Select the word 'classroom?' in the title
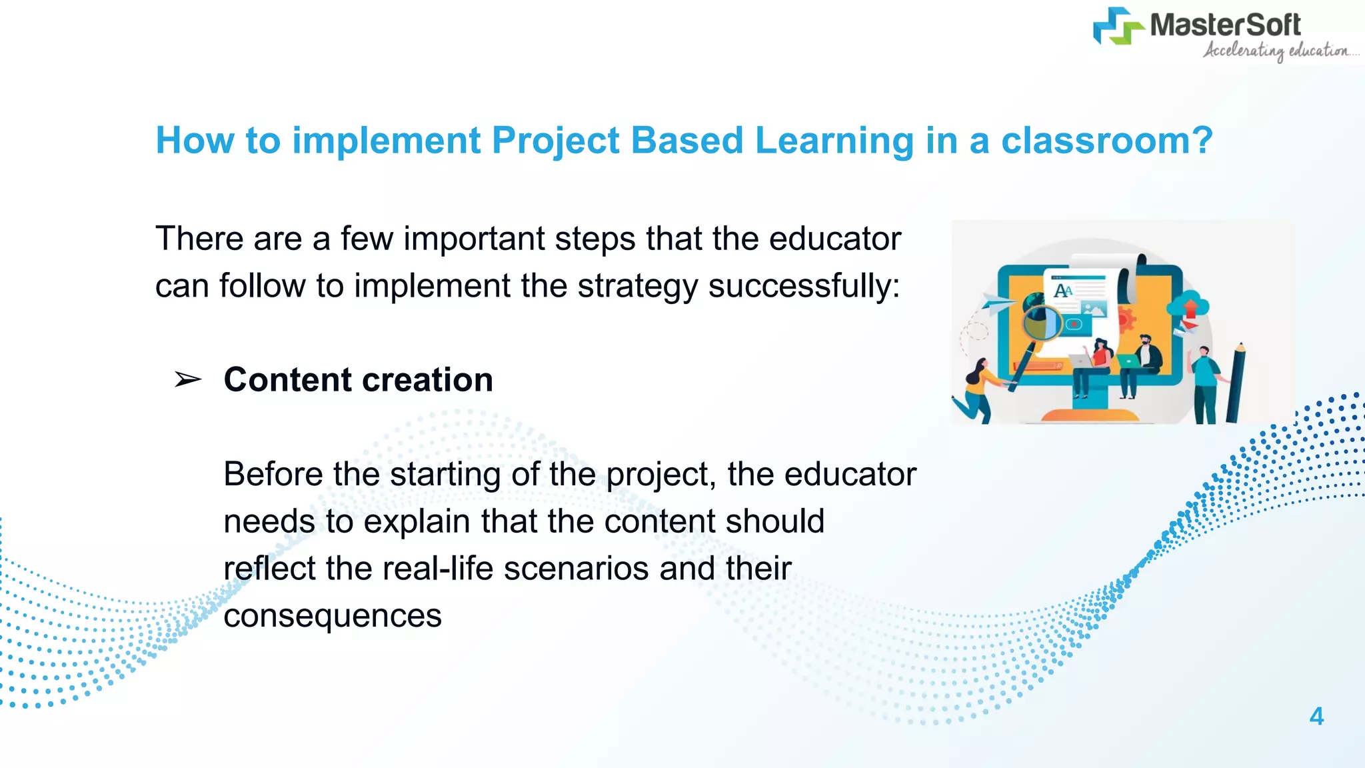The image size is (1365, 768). (1106, 141)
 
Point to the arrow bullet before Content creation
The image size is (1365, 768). (187, 380)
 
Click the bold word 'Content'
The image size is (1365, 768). (287, 380)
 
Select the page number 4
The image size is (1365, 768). (1316, 716)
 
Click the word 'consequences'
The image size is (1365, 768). (333, 615)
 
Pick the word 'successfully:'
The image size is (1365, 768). (804, 286)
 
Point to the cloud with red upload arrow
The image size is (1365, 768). (1188, 307)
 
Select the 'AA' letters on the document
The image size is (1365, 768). (1063, 291)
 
